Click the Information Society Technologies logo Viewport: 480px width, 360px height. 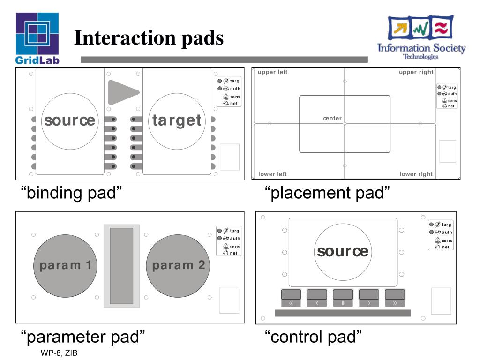click(x=421, y=37)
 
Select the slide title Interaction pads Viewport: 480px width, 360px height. click(x=149, y=38)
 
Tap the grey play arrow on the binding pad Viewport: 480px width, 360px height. click(x=122, y=92)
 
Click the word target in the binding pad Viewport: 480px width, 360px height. click(x=177, y=120)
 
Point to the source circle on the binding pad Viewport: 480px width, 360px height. click(x=70, y=120)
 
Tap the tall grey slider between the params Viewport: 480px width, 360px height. click(x=121, y=266)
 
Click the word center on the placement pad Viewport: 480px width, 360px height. click(x=332, y=119)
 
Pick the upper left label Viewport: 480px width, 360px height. click(x=272, y=72)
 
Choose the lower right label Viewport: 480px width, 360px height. click(x=416, y=174)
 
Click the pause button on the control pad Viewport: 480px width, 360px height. click(x=343, y=303)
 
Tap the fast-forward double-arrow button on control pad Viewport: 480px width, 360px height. click(x=395, y=303)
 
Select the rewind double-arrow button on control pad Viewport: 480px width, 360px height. click(x=291, y=303)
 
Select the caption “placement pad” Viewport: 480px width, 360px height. click(x=327, y=193)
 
